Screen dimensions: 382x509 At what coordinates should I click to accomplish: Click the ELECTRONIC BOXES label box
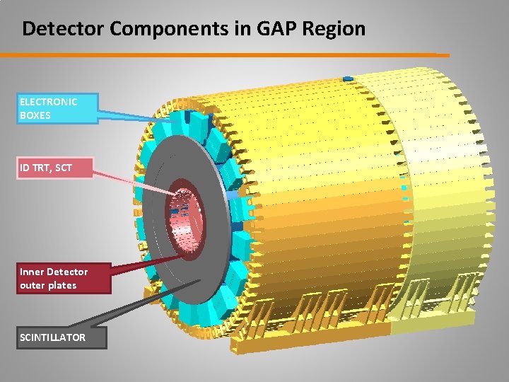(58, 108)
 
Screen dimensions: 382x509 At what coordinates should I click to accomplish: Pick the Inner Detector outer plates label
(64, 278)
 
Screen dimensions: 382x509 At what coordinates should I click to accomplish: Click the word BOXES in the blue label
(35, 115)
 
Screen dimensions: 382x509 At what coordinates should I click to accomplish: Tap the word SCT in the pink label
(64, 168)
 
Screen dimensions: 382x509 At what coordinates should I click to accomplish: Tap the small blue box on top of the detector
(347, 78)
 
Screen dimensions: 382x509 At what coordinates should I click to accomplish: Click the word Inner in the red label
(31, 272)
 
